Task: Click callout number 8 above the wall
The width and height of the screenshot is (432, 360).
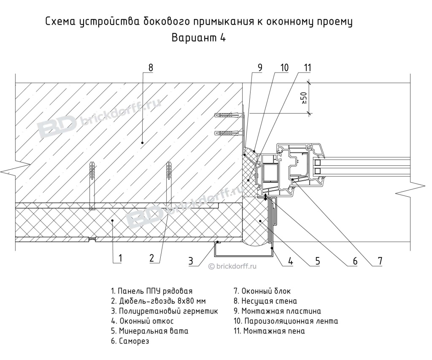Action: click(x=151, y=68)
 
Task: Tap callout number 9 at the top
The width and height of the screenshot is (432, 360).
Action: click(x=260, y=68)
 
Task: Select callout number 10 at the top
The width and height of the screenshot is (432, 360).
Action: click(x=284, y=68)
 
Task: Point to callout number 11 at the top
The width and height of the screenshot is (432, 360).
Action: click(x=307, y=68)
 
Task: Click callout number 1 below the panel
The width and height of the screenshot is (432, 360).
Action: click(x=120, y=258)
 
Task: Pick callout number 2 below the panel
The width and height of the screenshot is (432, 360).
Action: click(x=151, y=258)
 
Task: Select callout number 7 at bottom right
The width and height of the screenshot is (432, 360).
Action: click(x=380, y=261)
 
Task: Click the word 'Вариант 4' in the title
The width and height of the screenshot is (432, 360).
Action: click(x=199, y=38)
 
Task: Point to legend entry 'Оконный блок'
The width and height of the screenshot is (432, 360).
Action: click(x=262, y=291)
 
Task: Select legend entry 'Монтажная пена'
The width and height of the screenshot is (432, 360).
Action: click(x=269, y=331)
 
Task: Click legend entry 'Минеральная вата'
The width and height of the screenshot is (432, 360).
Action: click(x=150, y=331)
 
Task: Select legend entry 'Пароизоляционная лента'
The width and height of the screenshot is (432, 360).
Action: click(x=286, y=321)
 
